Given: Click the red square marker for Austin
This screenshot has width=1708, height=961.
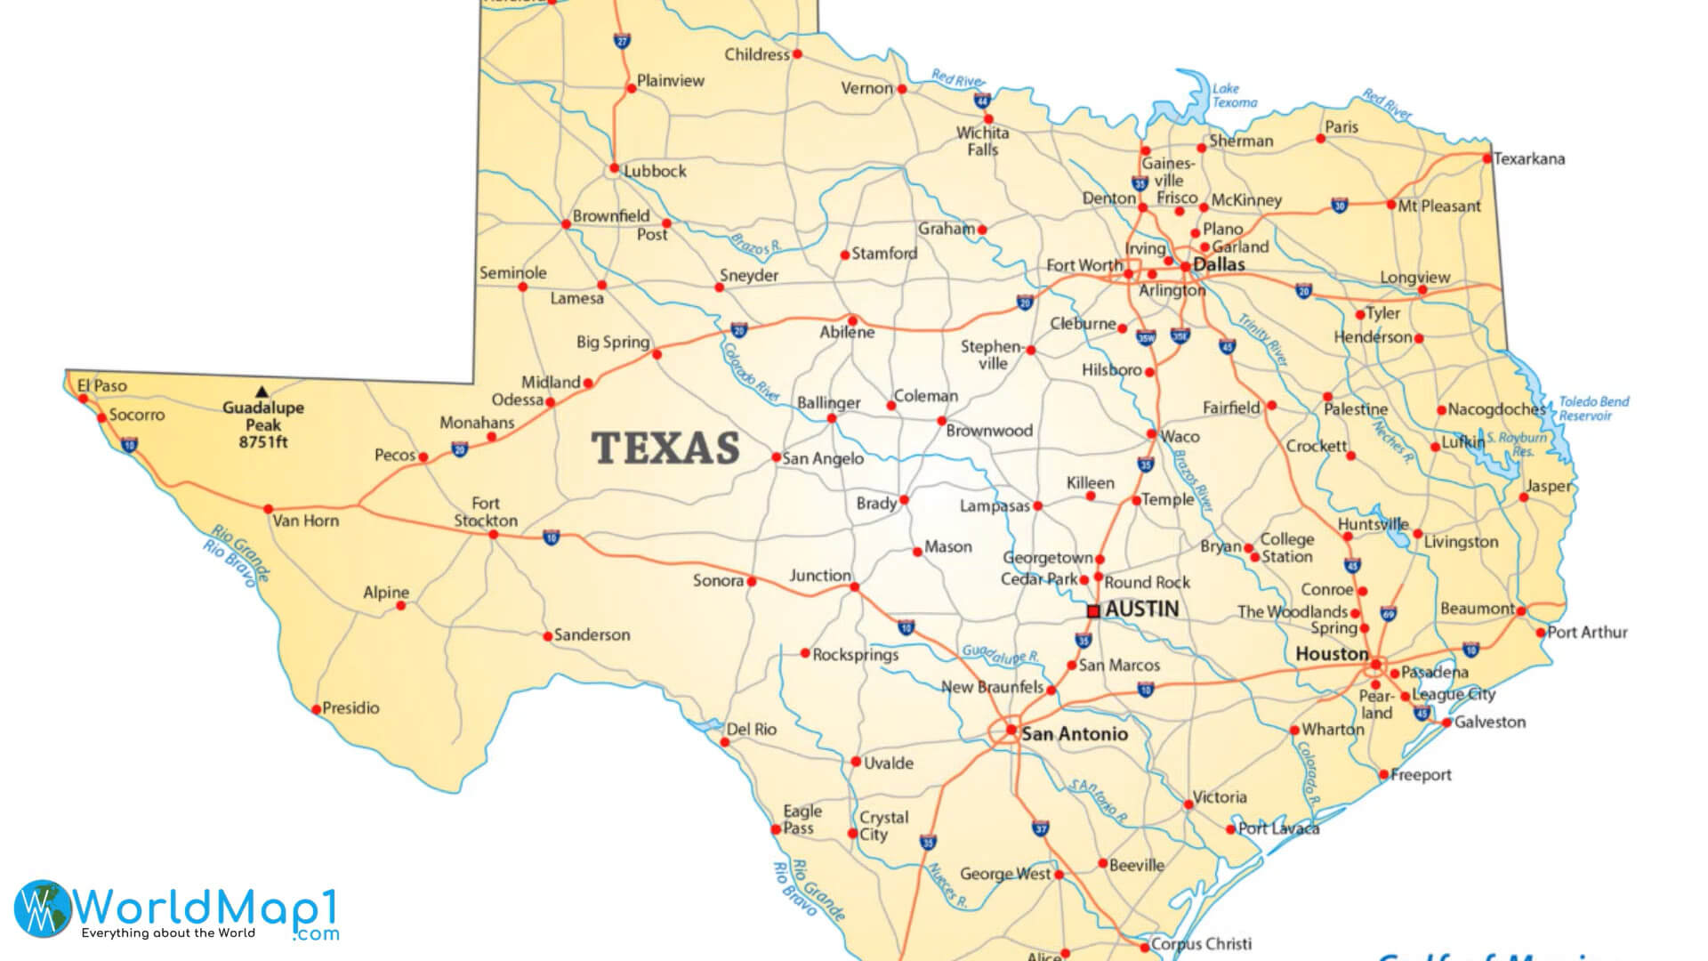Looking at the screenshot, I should [x=1093, y=611].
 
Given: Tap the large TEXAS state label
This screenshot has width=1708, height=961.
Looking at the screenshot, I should [x=665, y=448].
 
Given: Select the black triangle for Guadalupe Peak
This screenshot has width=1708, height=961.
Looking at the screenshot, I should [x=262, y=391].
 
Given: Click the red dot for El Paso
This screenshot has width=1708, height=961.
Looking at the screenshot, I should [x=84, y=399].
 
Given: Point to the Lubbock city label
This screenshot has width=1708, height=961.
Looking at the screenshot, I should [x=655, y=171].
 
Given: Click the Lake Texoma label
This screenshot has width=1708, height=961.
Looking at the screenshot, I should [x=1233, y=95].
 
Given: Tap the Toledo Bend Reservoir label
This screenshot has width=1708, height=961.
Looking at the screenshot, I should [x=1592, y=408].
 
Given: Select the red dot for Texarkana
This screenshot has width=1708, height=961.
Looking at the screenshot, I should [x=1486, y=158].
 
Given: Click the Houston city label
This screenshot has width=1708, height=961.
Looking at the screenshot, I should [x=1332, y=654].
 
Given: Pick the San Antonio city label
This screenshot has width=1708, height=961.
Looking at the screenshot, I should [x=1075, y=734].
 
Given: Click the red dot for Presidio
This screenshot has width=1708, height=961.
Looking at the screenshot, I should [x=316, y=709].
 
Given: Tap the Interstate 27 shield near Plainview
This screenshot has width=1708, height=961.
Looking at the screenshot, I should [x=622, y=41].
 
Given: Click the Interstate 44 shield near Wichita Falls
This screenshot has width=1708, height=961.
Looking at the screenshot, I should [x=982, y=101].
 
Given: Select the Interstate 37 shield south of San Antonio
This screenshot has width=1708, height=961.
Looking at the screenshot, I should [x=1041, y=828].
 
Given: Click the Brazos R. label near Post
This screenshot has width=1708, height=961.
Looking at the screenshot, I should [x=755, y=243].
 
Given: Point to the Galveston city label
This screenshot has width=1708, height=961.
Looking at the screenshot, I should [x=1490, y=722].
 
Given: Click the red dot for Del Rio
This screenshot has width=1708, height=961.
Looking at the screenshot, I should [x=725, y=742].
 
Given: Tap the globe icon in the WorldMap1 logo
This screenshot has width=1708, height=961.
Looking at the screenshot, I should [x=42, y=908].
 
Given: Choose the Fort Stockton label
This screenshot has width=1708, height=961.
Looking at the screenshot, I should [x=486, y=512].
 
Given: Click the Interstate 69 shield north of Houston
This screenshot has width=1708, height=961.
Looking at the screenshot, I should [x=1389, y=613].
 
